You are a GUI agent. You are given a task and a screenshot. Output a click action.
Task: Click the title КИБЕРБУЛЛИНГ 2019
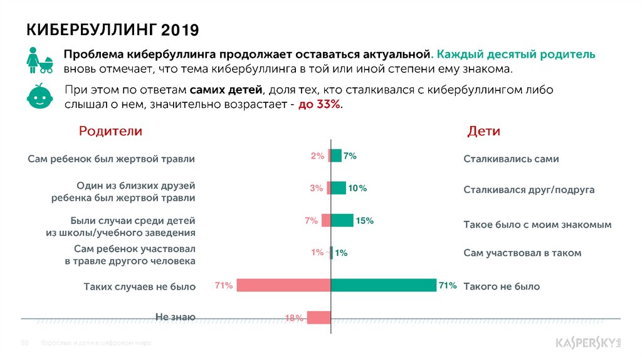tap(112, 29)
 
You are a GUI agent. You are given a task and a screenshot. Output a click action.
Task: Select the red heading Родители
tap(110, 131)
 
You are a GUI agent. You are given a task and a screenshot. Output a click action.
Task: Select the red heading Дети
tap(483, 131)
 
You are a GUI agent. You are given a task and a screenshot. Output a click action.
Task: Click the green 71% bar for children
tap(383, 285)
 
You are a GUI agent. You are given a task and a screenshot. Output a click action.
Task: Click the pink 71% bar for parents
tap(283, 285)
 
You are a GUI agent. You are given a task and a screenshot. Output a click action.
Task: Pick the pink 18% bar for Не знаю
tap(318, 317)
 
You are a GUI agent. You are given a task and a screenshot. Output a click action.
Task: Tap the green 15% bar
tap(342, 220)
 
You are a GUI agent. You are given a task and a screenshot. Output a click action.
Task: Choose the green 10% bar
tap(338, 188)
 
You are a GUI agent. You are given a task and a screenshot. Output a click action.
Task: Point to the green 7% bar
tap(335, 156)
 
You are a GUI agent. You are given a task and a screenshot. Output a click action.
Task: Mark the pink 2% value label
tap(317, 156)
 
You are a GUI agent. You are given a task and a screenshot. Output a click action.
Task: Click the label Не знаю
tap(175, 317)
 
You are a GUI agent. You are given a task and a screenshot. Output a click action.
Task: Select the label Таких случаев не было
tap(140, 287)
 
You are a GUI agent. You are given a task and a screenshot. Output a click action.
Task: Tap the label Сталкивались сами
tap(510, 159)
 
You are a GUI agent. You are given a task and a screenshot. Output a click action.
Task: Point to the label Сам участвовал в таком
tap(522, 253)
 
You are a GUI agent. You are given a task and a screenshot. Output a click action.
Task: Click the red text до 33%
tap(320, 104)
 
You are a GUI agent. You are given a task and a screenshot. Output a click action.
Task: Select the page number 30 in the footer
tap(26, 344)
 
